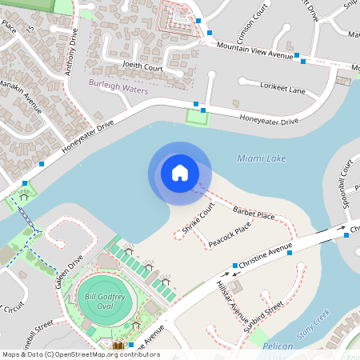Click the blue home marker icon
pyautogui.click(x=180, y=173)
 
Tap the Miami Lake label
pyautogui.click(x=262, y=158)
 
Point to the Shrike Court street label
pyautogui.click(x=198, y=218)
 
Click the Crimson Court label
pyautogui.click(x=251, y=27)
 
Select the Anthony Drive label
pyautogui.click(x=71, y=52)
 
